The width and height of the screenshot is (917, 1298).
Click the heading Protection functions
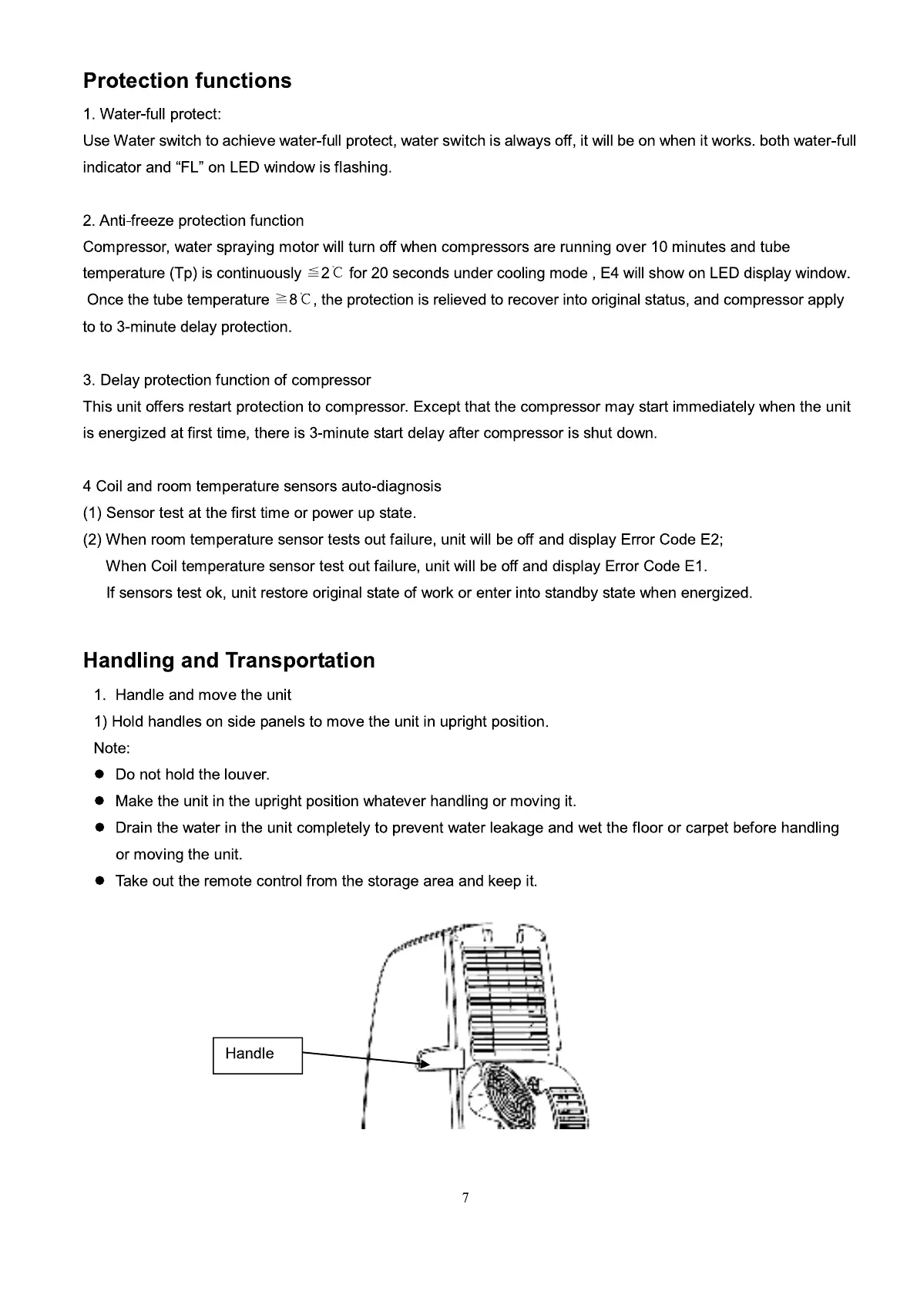point(187,81)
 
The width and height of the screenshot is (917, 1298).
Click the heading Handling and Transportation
point(229,661)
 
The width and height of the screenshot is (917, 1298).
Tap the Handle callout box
point(257,1054)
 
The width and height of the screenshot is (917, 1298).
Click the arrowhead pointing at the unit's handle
point(422,1064)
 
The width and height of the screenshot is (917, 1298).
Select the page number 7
point(465,1198)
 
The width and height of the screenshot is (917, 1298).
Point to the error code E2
point(710,540)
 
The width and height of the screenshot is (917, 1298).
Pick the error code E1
point(694,567)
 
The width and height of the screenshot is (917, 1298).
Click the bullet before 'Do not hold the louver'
point(99,775)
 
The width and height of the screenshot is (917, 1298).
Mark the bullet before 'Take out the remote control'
point(99,881)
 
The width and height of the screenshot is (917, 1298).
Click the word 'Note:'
point(112,748)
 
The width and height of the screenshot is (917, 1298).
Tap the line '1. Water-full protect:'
point(152,115)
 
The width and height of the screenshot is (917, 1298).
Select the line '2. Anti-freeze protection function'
point(193,221)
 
